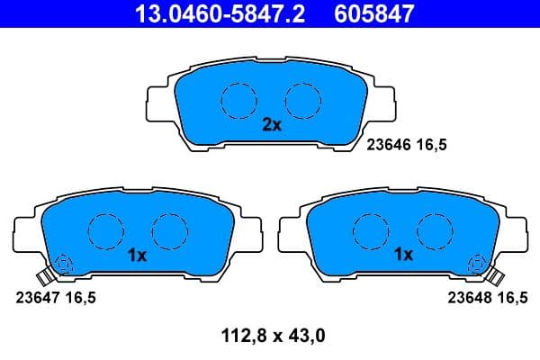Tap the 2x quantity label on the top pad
(x=272, y=126)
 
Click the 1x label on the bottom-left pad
(x=137, y=256)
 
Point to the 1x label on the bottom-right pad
(x=402, y=256)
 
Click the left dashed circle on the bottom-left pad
(x=106, y=231)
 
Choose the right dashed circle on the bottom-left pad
(x=167, y=231)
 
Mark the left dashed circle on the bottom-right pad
(x=369, y=231)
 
